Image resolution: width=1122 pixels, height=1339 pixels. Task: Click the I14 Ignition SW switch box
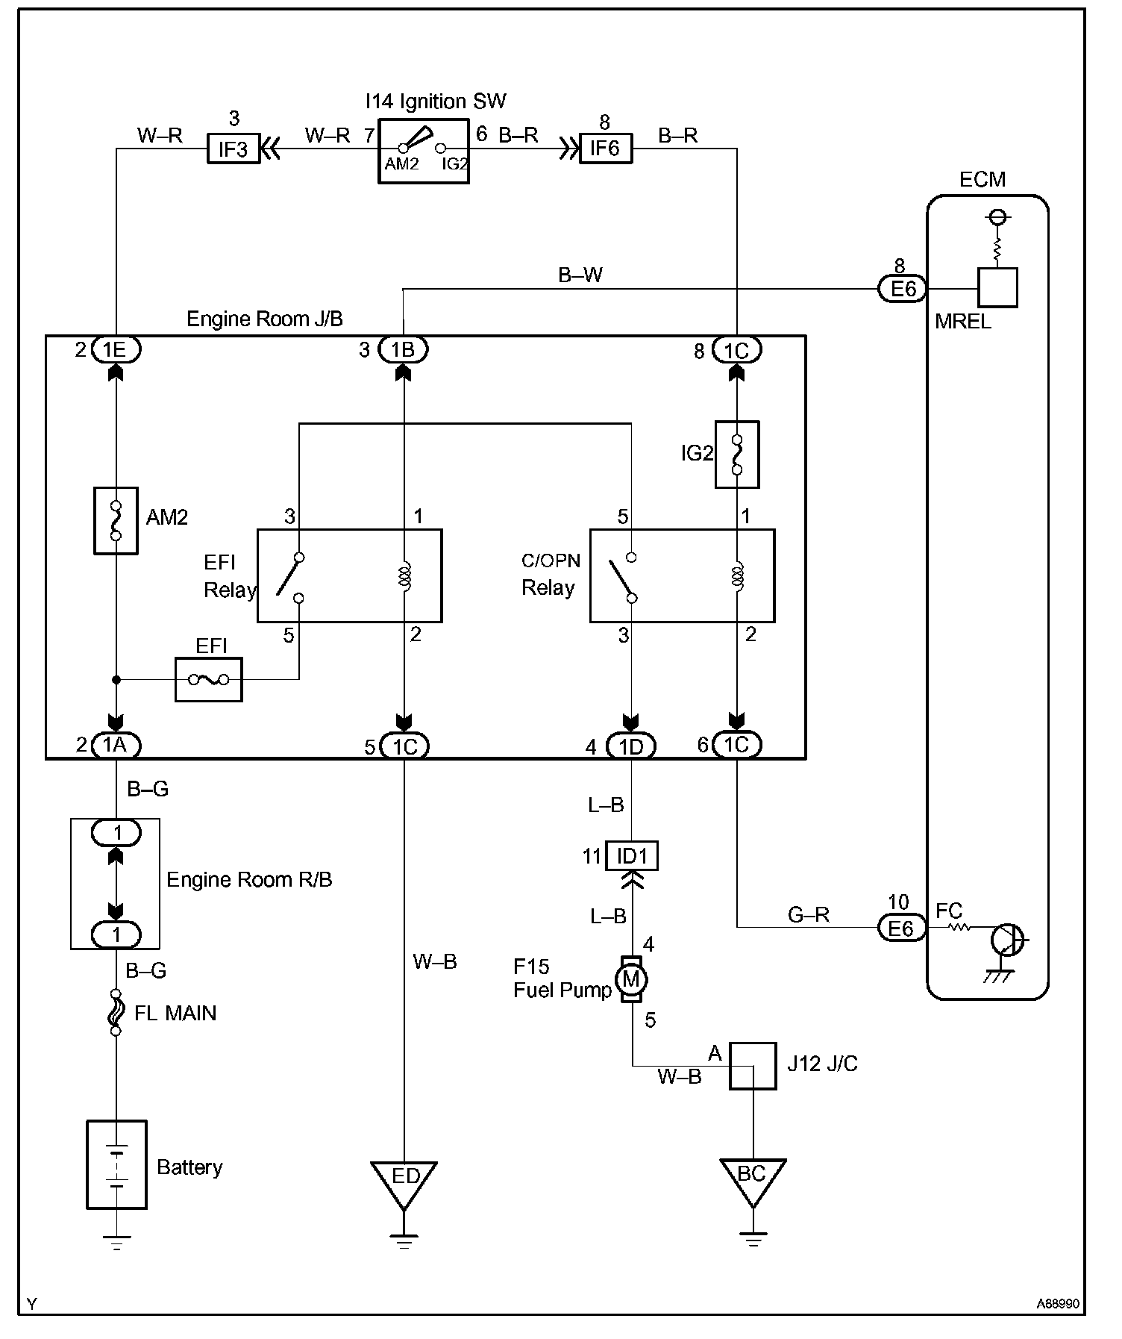click(423, 152)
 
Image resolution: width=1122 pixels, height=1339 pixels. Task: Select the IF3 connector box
click(233, 149)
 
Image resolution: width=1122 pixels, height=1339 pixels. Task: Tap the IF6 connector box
click(605, 149)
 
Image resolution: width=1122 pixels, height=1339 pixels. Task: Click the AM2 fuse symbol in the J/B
click(116, 521)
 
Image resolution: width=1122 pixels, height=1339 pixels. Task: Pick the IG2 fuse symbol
click(737, 455)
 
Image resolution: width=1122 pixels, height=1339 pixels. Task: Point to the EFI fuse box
click(209, 679)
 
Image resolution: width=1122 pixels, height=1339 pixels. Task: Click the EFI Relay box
click(349, 575)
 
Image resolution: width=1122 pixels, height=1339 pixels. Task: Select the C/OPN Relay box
click(682, 575)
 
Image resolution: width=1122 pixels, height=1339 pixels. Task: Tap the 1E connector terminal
click(116, 349)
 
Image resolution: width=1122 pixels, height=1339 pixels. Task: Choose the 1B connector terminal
click(403, 349)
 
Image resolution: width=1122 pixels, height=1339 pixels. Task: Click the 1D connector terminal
click(631, 746)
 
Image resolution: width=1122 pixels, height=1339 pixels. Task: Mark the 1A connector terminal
click(116, 745)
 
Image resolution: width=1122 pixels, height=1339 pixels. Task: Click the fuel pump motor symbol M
click(631, 978)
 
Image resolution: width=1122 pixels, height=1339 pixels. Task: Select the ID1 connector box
click(632, 856)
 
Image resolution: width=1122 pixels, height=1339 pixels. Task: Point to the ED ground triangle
click(404, 1182)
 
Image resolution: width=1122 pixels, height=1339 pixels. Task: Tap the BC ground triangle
click(753, 1179)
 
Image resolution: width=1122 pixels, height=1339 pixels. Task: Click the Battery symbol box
click(116, 1164)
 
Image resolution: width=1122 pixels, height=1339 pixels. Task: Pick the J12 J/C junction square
click(753, 1066)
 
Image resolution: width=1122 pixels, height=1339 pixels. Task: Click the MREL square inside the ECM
click(997, 288)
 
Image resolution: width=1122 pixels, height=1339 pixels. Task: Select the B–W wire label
click(580, 275)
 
